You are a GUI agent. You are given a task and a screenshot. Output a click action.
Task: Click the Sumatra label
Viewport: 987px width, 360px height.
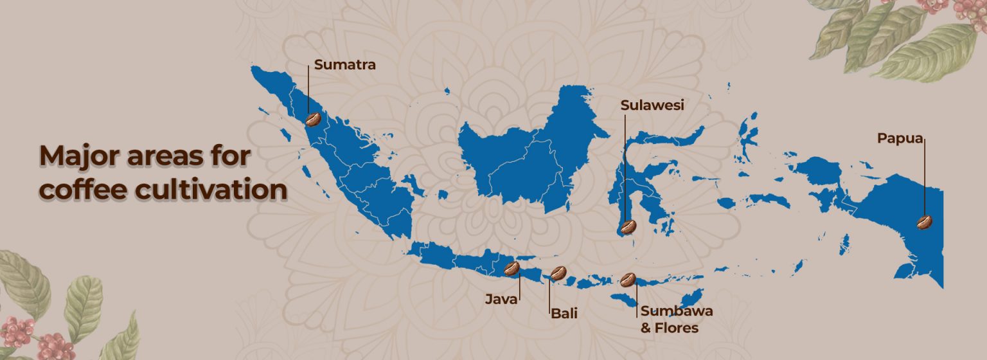[344, 65]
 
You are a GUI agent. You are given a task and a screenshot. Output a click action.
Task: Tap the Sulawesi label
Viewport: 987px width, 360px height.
[652, 105]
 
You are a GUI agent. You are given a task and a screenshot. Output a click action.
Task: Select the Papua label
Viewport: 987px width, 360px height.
[900, 138]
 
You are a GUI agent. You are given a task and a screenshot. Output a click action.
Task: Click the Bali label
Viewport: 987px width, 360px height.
[564, 314]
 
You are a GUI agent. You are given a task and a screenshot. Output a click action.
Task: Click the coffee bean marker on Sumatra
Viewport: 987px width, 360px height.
[313, 119]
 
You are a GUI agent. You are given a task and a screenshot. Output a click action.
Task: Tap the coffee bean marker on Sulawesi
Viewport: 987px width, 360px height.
[627, 226]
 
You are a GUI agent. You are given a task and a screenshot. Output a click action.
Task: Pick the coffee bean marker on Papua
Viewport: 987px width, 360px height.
[925, 222]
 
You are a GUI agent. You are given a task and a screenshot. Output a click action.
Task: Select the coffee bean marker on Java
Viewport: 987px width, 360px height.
[511, 269]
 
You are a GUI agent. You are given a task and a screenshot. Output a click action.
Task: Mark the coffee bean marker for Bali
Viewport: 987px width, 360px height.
[558, 273]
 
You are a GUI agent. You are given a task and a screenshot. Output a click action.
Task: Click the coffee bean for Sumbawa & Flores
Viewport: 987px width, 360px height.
[628, 280]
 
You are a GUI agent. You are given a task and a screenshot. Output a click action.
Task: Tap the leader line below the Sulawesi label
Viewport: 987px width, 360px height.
[624, 167]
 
